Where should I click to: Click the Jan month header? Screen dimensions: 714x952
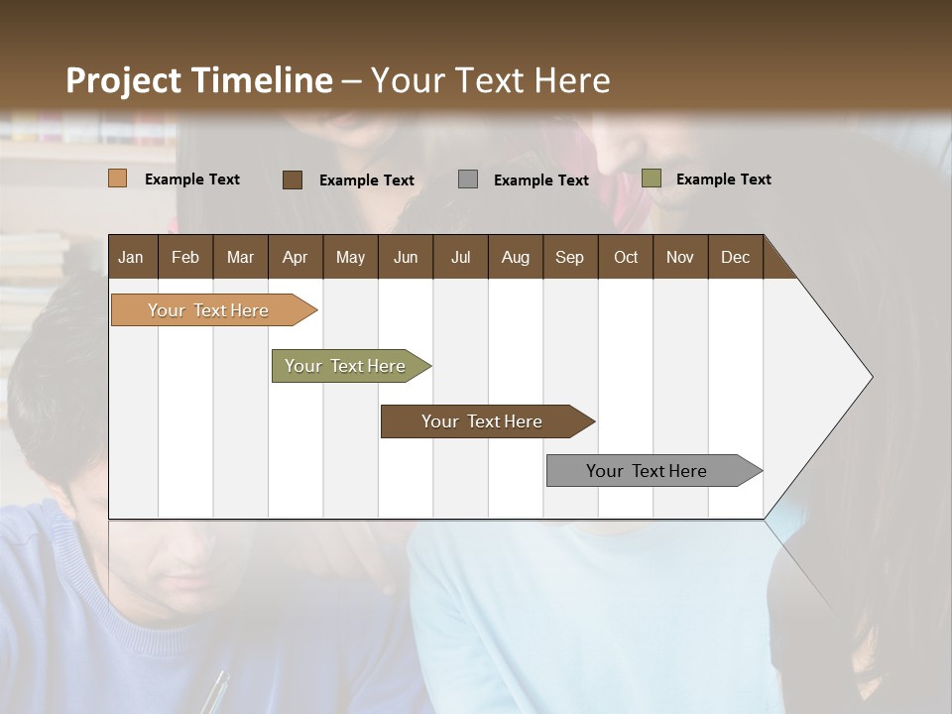point(132,257)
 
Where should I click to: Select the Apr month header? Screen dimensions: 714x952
point(296,257)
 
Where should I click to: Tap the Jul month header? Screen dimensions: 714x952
point(460,257)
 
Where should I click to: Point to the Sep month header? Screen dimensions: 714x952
point(569,257)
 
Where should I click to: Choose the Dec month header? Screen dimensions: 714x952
point(735,257)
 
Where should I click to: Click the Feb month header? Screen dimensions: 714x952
point(185,257)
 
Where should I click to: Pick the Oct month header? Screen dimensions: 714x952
point(626,257)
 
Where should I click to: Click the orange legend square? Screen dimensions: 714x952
point(117,178)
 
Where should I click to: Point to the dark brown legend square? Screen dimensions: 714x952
point(292,179)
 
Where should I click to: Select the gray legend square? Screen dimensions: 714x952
point(467,178)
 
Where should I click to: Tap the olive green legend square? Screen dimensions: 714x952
point(651,178)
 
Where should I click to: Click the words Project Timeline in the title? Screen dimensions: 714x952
point(198,80)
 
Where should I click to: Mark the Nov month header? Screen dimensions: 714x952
point(680,257)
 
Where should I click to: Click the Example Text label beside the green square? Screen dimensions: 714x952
point(723,179)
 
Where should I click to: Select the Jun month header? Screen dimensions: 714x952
point(406,257)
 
